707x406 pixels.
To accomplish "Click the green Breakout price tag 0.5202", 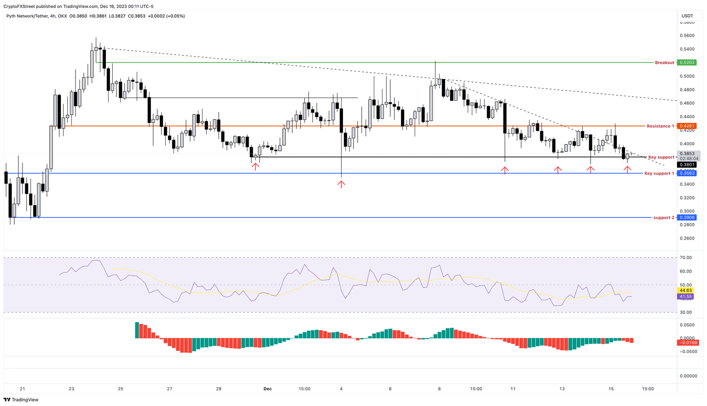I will (x=687, y=63).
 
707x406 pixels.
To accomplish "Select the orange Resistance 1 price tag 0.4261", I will (x=687, y=126).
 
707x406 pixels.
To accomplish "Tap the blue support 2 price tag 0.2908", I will (x=687, y=217).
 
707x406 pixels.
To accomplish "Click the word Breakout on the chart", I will (x=664, y=63).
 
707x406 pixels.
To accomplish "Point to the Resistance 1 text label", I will (x=660, y=126).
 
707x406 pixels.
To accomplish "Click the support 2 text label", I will (x=663, y=217).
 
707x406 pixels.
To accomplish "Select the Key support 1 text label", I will (x=659, y=173).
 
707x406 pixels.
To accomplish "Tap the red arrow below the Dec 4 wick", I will (x=341, y=184).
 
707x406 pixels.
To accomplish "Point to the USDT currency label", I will (x=687, y=16).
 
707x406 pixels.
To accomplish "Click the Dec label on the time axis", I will (x=267, y=389).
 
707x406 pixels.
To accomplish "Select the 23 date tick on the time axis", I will (x=71, y=389).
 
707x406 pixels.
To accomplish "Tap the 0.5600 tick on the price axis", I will (x=687, y=35).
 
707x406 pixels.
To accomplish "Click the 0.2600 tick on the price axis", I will (x=687, y=238).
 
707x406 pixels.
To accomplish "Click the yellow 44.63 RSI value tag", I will (x=685, y=291).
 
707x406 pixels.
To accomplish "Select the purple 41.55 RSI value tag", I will (x=685, y=297).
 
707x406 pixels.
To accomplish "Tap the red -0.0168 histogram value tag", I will (x=688, y=343).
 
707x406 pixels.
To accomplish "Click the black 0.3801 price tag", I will (x=687, y=165).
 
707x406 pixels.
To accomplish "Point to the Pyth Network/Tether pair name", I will (x=27, y=16).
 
